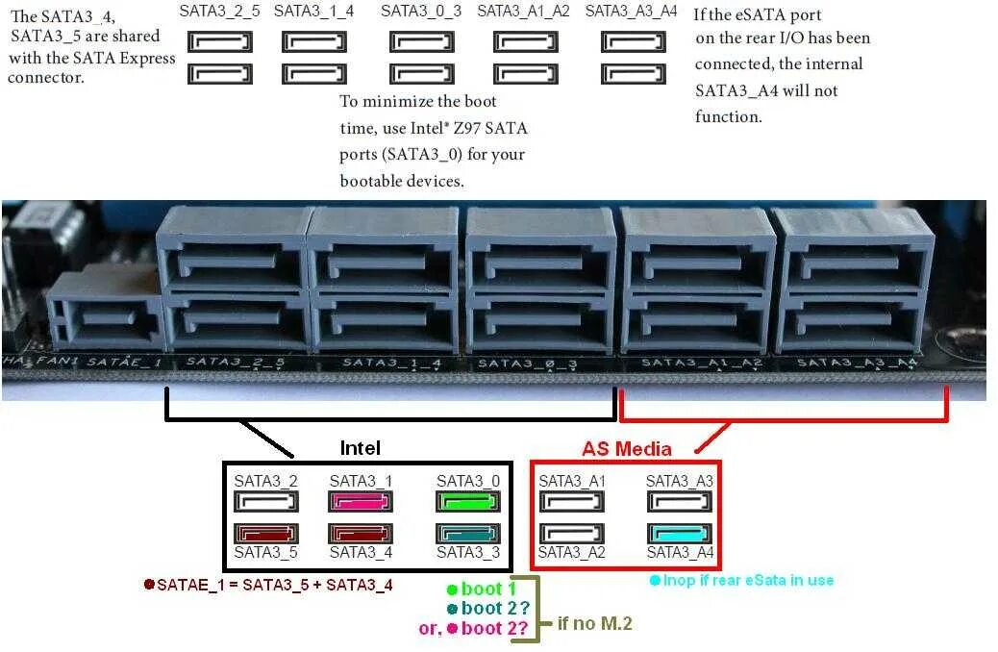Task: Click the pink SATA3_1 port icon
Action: click(x=362, y=502)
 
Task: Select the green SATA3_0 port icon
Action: click(x=468, y=502)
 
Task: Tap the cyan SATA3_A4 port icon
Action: click(x=680, y=534)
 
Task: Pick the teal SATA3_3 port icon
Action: click(x=468, y=533)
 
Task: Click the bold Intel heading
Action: click(x=361, y=448)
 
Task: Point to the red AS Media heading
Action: click(x=626, y=449)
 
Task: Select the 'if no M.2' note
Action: click(x=595, y=623)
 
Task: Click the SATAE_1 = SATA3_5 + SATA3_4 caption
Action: click(x=274, y=584)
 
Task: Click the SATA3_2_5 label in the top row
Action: click(x=219, y=11)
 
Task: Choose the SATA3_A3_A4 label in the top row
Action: click(x=631, y=11)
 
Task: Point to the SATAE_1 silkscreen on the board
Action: click(x=124, y=363)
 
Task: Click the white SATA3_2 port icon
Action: click(x=266, y=502)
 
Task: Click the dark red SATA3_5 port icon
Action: click(x=266, y=533)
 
